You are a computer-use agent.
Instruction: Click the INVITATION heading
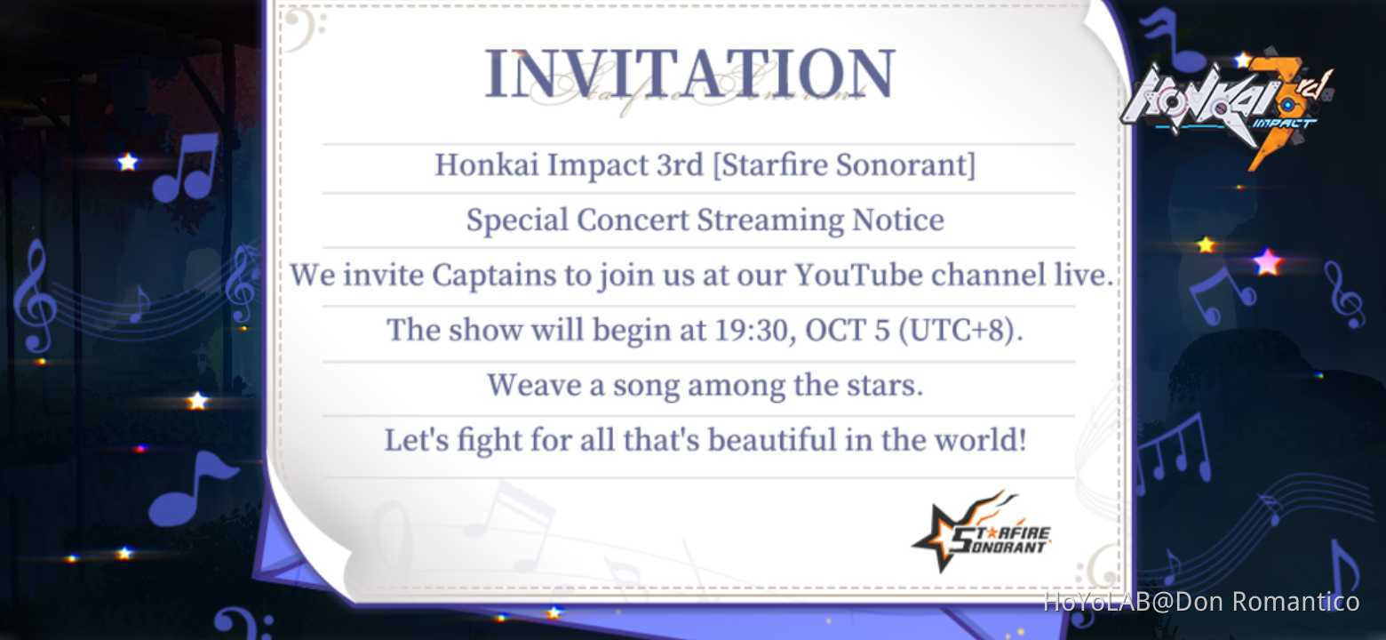(x=689, y=73)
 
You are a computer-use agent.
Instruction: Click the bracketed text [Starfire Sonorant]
(x=844, y=164)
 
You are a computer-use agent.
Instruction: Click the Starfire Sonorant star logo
(x=982, y=531)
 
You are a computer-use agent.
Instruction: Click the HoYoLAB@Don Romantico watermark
(x=1201, y=602)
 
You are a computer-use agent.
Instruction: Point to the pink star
(x=1268, y=261)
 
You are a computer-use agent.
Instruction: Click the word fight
(x=476, y=440)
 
